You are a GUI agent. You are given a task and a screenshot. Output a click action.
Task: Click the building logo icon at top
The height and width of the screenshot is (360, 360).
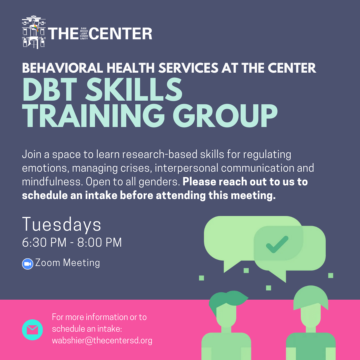tap(34, 32)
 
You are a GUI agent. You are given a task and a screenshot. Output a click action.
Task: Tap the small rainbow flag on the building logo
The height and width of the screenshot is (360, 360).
tap(36, 28)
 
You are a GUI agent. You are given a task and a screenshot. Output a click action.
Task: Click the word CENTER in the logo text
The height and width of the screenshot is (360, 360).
tap(121, 34)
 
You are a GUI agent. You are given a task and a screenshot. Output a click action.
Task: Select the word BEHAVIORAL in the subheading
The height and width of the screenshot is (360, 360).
tap(62, 68)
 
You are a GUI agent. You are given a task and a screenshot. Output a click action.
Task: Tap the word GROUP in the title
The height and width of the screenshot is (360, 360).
tap(225, 115)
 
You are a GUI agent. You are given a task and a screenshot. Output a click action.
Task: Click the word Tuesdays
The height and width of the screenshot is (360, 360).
tap(62, 225)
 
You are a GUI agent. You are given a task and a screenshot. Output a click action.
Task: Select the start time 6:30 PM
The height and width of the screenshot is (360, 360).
tap(44, 242)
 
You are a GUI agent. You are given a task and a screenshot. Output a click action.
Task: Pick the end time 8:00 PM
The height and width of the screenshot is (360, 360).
tap(99, 242)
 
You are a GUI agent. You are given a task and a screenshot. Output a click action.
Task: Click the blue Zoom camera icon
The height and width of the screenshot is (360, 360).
tap(28, 264)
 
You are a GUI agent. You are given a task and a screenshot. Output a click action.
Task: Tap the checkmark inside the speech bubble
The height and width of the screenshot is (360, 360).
tap(277, 245)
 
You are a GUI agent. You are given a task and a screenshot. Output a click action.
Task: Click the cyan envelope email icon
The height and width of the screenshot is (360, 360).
tap(32, 330)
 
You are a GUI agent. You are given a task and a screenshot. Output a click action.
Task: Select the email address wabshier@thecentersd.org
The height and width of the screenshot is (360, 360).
tap(102, 340)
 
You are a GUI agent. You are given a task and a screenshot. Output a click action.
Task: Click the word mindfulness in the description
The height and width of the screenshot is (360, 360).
tap(52, 182)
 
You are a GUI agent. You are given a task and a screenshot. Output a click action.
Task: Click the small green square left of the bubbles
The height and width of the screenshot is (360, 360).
tap(201, 278)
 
